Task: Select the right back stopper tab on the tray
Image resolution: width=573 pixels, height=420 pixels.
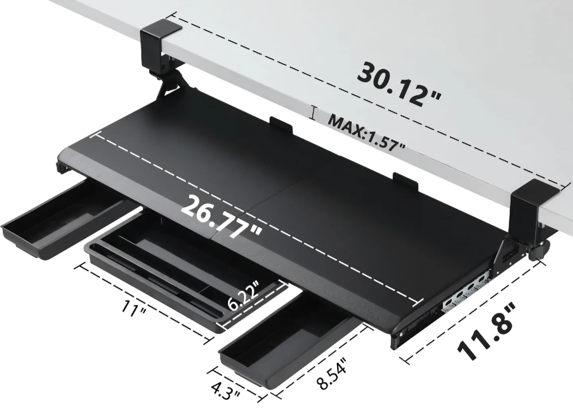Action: point(405,181)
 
